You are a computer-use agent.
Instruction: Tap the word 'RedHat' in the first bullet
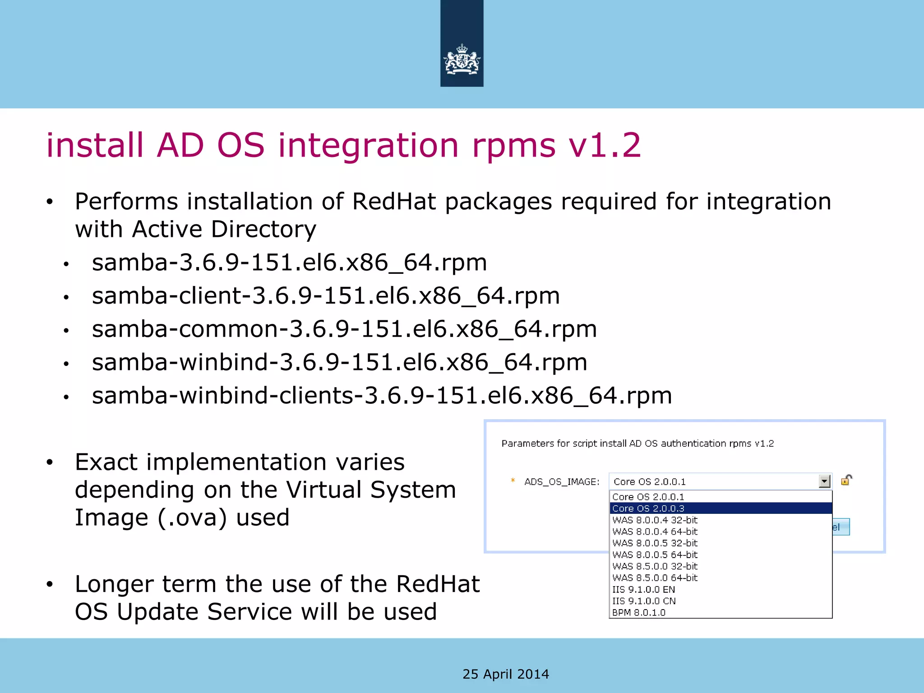point(394,201)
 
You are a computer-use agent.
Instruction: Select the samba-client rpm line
point(326,296)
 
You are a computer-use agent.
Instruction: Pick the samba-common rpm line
point(344,329)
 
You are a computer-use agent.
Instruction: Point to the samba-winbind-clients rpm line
point(382,396)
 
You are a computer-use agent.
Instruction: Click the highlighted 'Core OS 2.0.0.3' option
point(648,508)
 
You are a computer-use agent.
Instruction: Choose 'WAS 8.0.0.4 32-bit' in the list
point(655,520)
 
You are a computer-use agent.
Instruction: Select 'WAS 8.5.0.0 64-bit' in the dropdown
point(655,577)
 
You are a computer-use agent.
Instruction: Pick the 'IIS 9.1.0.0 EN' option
point(643,589)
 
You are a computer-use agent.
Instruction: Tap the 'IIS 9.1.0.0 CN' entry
point(644,601)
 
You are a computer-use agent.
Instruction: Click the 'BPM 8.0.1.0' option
point(638,613)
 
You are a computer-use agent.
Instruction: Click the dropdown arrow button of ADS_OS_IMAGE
point(824,481)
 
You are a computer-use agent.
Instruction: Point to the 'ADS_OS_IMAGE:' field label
point(562,482)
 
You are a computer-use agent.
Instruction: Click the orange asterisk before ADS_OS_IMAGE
point(513,480)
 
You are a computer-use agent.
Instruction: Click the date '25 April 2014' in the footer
point(506,674)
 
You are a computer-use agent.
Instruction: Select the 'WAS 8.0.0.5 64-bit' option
point(655,554)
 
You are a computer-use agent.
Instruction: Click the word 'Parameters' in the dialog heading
point(527,444)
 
